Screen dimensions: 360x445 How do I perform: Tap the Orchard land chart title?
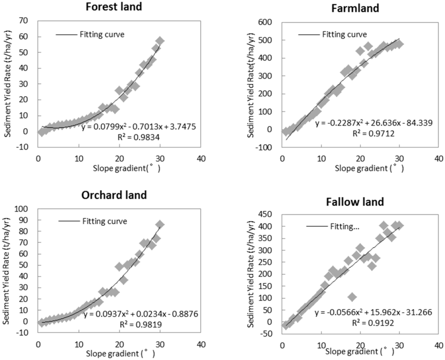(114, 195)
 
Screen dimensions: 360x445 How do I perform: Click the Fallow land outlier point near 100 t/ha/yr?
(352, 297)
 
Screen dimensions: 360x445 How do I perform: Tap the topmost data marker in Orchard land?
(160, 225)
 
